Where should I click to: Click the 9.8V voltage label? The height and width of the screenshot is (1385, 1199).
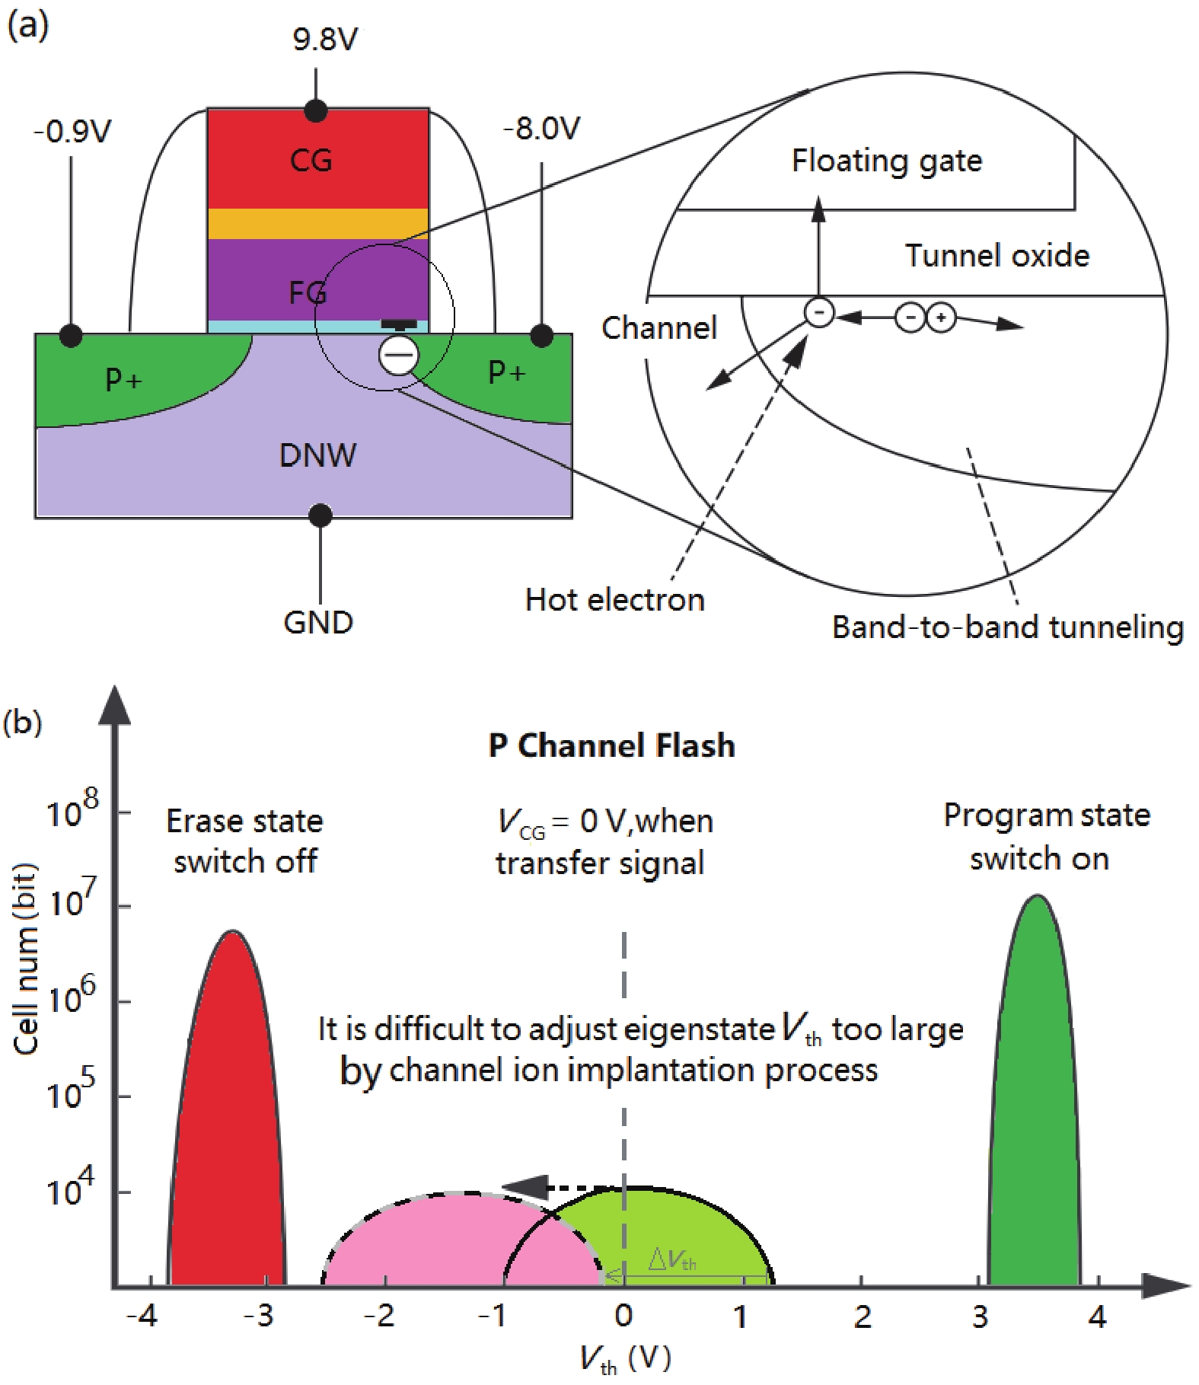tap(325, 40)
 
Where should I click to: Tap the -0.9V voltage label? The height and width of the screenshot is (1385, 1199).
tap(72, 132)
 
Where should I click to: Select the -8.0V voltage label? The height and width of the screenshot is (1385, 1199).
tap(541, 129)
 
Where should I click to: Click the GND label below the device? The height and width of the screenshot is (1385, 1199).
tap(318, 623)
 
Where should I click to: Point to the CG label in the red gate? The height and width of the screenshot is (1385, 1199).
tap(311, 161)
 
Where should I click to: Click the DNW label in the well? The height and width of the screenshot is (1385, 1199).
tap(317, 455)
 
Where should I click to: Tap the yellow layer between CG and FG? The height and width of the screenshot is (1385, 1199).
tap(318, 223)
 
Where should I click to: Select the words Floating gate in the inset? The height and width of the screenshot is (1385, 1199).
tap(887, 161)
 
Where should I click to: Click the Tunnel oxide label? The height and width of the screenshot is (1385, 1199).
tap(997, 256)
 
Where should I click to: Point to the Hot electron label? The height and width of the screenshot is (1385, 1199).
tap(614, 600)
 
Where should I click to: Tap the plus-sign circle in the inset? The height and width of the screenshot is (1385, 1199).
tap(941, 318)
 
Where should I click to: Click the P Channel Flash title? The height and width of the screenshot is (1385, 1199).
tap(611, 745)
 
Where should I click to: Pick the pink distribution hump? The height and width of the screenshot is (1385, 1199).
tap(426, 1241)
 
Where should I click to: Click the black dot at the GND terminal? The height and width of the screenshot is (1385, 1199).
tap(320, 515)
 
